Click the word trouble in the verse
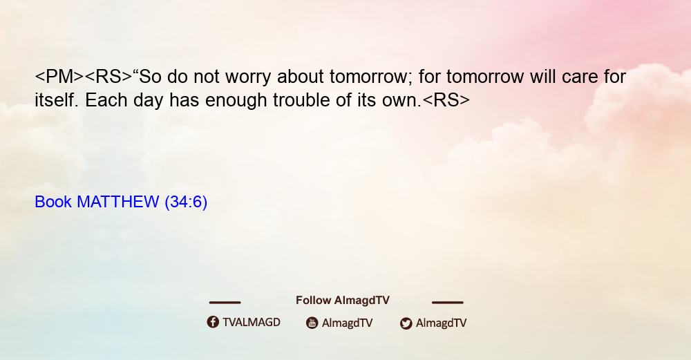(301, 100)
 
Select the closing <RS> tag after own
(446, 100)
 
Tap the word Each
(105, 100)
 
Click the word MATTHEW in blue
(117, 202)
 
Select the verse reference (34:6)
(185, 202)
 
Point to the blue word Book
(53, 202)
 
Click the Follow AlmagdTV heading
(343, 300)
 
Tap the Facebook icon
(213, 322)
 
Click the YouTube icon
(312, 323)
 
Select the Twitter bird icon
(406, 323)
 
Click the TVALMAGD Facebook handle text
(252, 322)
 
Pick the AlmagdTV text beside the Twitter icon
(441, 323)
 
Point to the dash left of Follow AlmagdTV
(225, 302)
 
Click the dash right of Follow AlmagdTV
(448, 302)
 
